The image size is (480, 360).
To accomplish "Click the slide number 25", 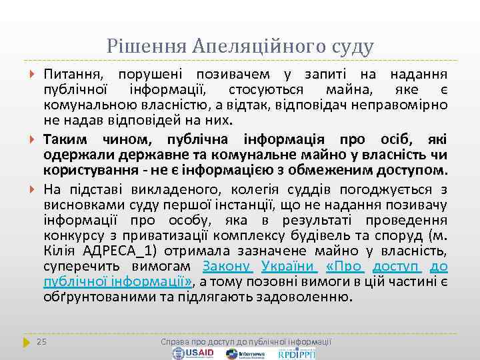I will [x=41, y=341].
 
